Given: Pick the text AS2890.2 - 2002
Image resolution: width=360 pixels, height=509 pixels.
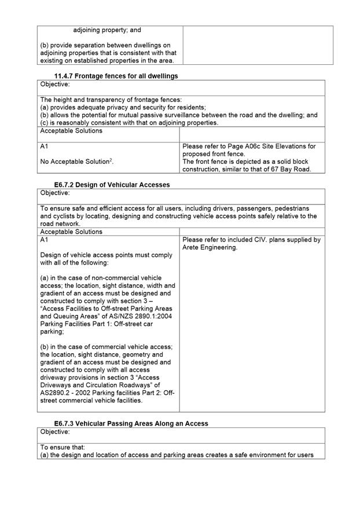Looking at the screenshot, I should coord(67,392).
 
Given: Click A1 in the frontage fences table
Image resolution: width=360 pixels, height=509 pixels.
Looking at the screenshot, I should coord(45,147).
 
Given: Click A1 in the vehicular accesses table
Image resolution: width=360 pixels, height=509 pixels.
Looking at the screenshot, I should coord(45,240).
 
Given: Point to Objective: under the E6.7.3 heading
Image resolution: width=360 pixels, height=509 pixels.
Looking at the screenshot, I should coord(55,431).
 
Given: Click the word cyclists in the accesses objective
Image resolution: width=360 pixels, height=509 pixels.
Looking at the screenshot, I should coord(56,216).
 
